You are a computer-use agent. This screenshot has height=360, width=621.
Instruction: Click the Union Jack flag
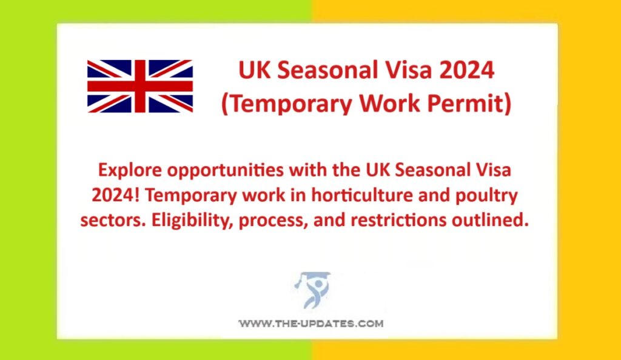pos(140,86)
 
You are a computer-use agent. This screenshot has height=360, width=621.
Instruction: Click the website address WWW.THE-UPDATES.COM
pos(310,324)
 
